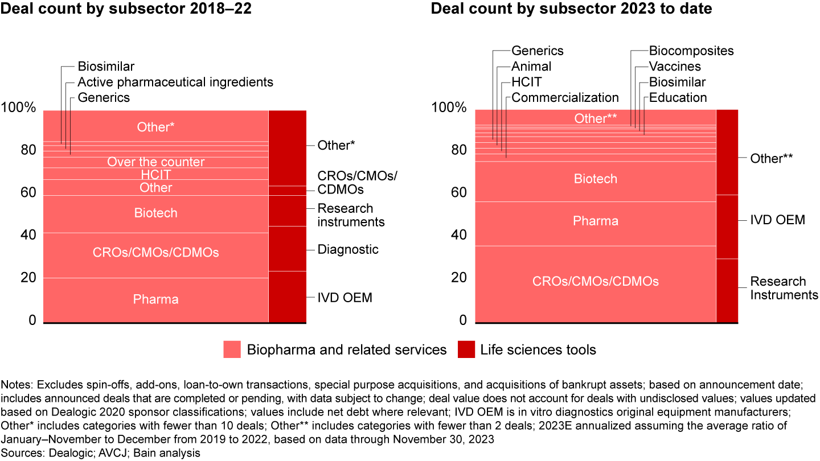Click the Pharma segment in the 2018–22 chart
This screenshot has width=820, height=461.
pyautogui.click(x=155, y=299)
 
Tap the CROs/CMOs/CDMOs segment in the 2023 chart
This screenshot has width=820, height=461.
pyautogui.click(x=595, y=281)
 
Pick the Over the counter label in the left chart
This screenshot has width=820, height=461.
pyautogui.click(x=155, y=162)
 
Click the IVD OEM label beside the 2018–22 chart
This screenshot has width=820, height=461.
pyautogui.click(x=345, y=298)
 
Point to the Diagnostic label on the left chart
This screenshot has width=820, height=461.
pyautogui.click(x=347, y=249)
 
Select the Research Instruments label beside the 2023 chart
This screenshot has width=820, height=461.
pyautogui.click(x=784, y=288)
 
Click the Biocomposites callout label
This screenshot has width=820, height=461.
pyautogui.click(x=691, y=51)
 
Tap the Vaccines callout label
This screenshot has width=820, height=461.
pyautogui.click(x=675, y=67)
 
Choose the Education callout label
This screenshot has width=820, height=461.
pyautogui.click(x=678, y=97)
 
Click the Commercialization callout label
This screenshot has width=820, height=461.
pyautogui.click(x=565, y=97)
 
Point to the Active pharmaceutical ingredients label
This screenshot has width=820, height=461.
pyautogui.click(x=175, y=82)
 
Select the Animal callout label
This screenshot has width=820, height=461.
pyautogui.click(x=531, y=67)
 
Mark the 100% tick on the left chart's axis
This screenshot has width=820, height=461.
pyautogui.click(x=20, y=108)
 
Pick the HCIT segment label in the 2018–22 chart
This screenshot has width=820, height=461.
pyautogui.click(x=155, y=175)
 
